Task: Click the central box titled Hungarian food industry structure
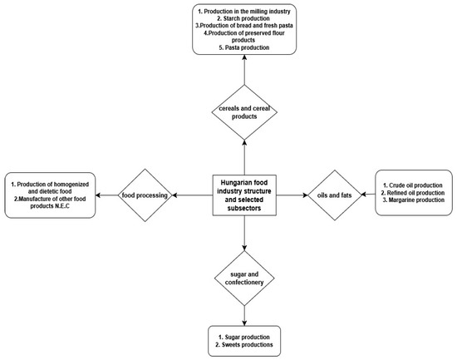(x=244, y=195)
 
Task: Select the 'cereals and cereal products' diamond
(x=244, y=112)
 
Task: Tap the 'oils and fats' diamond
(x=335, y=195)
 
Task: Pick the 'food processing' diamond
(x=145, y=195)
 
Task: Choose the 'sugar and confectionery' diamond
(x=244, y=279)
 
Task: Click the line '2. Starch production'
(x=244, y=18)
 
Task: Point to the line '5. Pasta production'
(x=244, y=47)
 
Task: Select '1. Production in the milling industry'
(x=244, y=12)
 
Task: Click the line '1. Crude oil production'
(x=413, y=185)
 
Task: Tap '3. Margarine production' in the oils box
(x=414, y=200)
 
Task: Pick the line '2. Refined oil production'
(x=413, y=193)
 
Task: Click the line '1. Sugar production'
(x=244, y=338)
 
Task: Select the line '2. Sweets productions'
(x=244, y=345)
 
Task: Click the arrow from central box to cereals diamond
(x=244, y=157)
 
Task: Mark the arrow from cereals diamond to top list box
(x=244, y=70)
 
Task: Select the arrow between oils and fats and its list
(x=368, y=194)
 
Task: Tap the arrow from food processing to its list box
(x=106, y=195)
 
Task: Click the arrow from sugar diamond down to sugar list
(x=244, y=316)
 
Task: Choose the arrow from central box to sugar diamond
(x=244, y=234)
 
